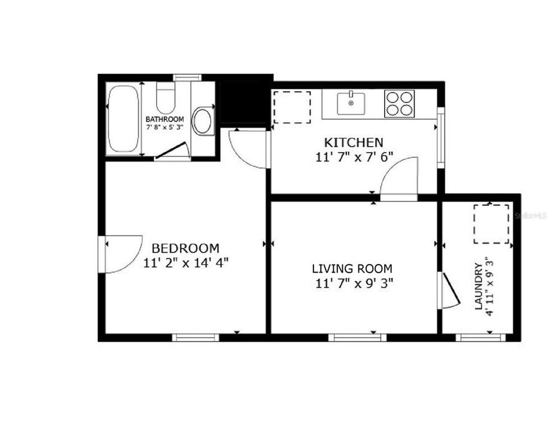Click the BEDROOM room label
(x=185, y=248)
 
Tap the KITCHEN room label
(x=353, y=142)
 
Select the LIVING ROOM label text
(x=352, y=269)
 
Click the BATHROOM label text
(x=165, y=119)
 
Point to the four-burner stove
(x=399, y=103)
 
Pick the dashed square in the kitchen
(x=292, y=107)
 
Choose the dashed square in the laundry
(x=491, y=223)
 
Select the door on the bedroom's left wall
(x=123, y=254)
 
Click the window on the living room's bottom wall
(x=357, y=338)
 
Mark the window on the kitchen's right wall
(x=441, y=138)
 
